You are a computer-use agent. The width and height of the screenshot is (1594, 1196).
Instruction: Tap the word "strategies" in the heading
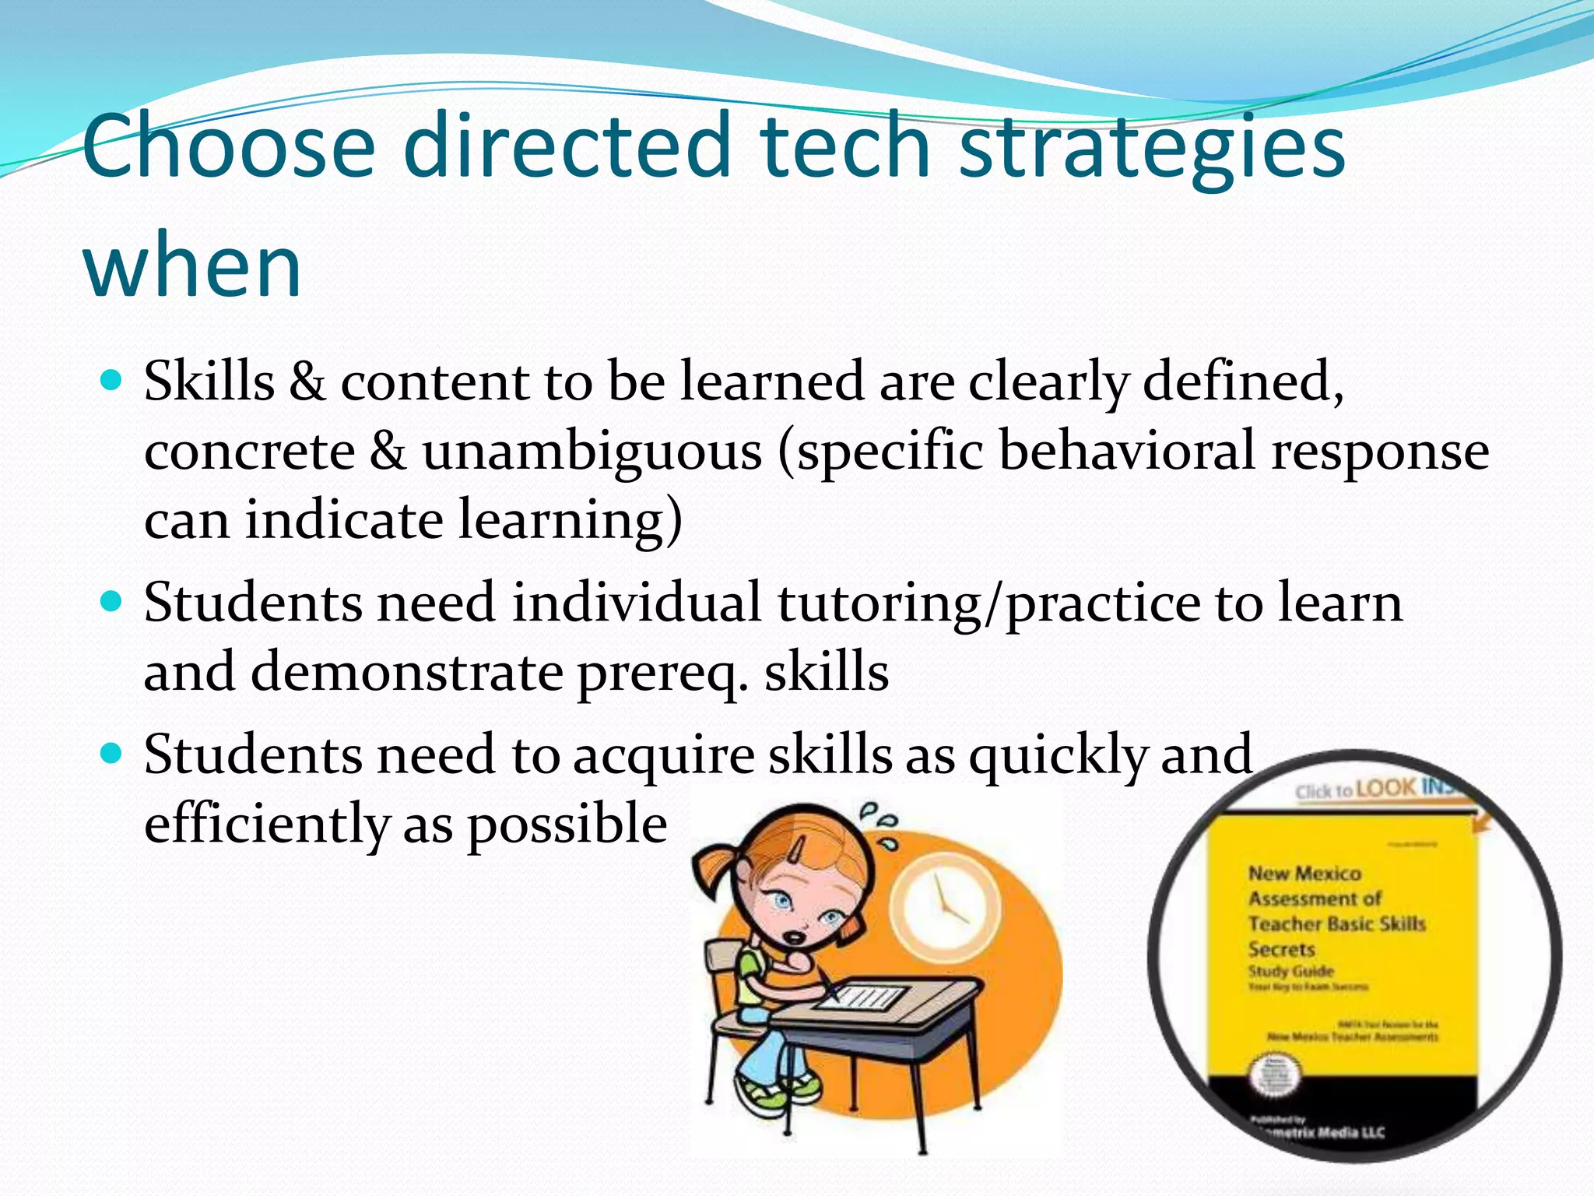(1152, 148)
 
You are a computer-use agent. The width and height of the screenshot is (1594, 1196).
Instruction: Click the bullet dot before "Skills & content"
(113, 381)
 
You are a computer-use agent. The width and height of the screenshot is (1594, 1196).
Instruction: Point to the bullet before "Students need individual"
(113, 602)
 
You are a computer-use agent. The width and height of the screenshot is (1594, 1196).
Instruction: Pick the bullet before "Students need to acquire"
(113, 753)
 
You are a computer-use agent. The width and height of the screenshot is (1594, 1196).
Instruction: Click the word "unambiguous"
(592, 452)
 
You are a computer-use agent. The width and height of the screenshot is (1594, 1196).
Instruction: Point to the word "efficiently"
(266, 824)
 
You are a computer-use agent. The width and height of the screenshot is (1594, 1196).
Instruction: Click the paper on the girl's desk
(860, 997)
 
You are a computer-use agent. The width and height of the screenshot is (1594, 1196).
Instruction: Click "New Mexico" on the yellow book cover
(1304, 874)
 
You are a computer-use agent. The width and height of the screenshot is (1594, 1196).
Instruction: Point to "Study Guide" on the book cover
(1291, 971)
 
